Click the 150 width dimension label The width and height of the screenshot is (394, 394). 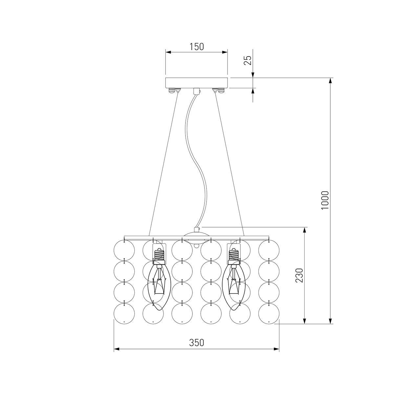pyautogui.click(x=196, y=47)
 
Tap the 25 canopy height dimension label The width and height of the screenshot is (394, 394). pyautogui.click(x=248, y=60)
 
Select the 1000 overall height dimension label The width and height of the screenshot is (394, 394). pyautogui.click(x=325, y=200)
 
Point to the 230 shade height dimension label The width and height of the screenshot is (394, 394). pyautogui.click(x=299, y=275)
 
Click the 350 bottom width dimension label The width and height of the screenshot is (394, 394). pyautogui.click(x=196, y=343)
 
